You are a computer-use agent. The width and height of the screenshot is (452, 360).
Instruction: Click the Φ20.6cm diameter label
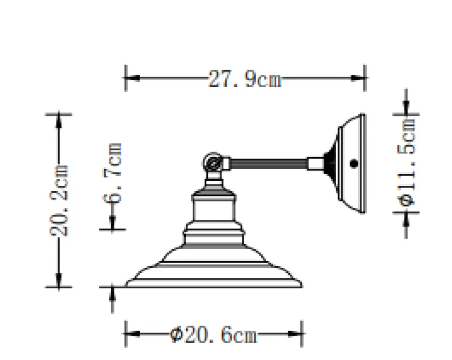coord(214,335)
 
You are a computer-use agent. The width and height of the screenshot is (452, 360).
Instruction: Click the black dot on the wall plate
coord(354,164)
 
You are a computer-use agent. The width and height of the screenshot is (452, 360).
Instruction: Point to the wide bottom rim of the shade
coord(214,282)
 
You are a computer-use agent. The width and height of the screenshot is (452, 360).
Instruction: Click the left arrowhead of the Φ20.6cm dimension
coord(131,335)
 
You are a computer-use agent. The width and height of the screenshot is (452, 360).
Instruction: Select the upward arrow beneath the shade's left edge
coord(112,293)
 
